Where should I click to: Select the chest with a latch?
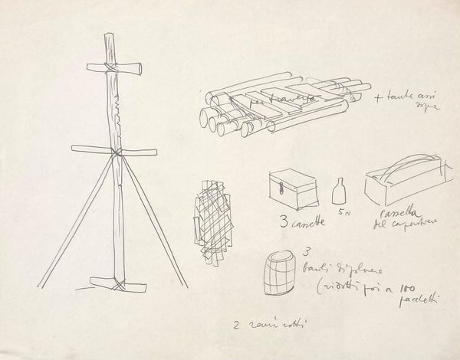[x=293, y=186]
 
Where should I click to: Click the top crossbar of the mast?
[x=121, y=67]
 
